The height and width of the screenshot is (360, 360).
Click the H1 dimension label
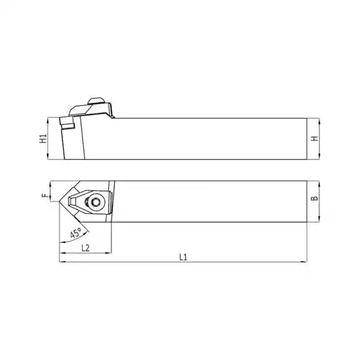(x=43, y=138)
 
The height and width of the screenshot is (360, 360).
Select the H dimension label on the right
(x=315, y=138)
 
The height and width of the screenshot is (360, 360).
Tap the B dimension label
(x=314, y=198)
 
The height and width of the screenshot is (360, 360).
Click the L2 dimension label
(x=85, y=248)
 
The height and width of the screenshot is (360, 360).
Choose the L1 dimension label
(x=183, y=257)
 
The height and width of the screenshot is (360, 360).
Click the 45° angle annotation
(x=76, y=233)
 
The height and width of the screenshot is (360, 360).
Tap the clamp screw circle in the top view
(x=96, y=203)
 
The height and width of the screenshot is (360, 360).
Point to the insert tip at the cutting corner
(x=60, y=202)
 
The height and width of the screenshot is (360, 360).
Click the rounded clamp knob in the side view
(x=96, y=101)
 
